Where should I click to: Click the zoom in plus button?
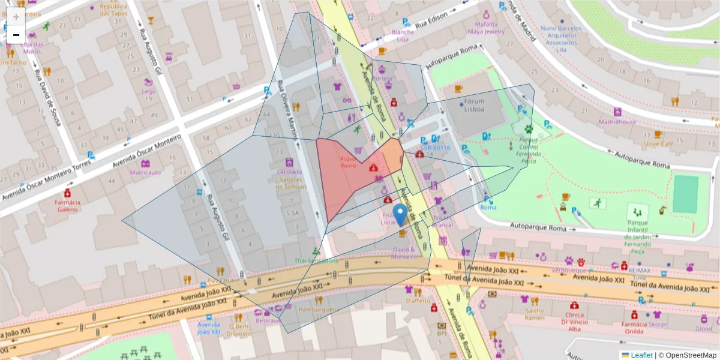(x=16, y=16)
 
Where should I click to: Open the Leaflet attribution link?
(x=641, y=355)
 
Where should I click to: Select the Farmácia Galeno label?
(x=68, y=206)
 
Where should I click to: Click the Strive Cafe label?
(x=658, y=143)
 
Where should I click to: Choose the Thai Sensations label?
(x=316, y=261)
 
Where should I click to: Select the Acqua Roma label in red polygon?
(x=349, y=162)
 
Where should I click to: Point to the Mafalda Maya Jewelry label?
(x=485, y=28)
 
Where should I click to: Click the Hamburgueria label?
(x=319, y=310)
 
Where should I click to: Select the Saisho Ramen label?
(x=534, y=314)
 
